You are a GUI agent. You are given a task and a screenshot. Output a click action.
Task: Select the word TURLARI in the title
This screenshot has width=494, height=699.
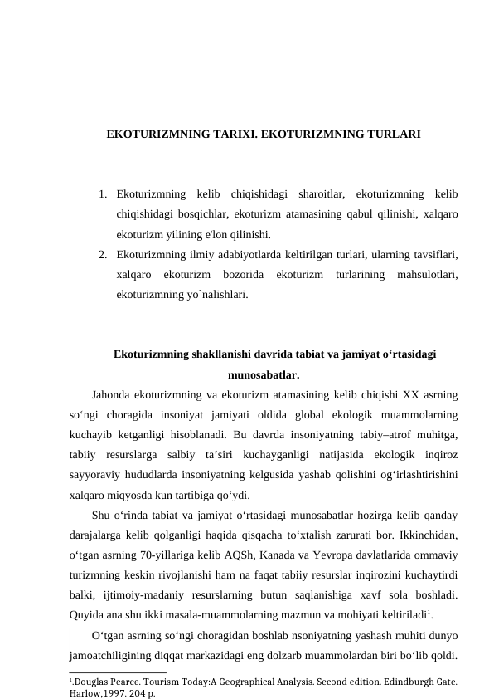390,133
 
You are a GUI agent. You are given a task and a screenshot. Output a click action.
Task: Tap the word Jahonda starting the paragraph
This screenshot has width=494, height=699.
110,393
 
